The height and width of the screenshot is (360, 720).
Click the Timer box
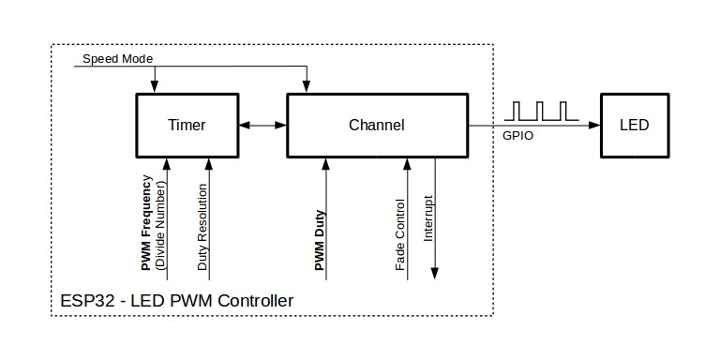(186, 125)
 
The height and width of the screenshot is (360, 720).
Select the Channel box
(376, 125)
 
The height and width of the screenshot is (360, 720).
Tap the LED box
(634, 125)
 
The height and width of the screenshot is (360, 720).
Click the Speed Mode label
(117, 58)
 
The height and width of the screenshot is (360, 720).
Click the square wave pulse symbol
(542, 111)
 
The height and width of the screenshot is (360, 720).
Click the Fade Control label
(400, 235)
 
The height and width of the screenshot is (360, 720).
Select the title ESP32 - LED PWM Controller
(176, 301)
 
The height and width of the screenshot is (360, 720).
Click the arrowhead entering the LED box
(594, 125)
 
